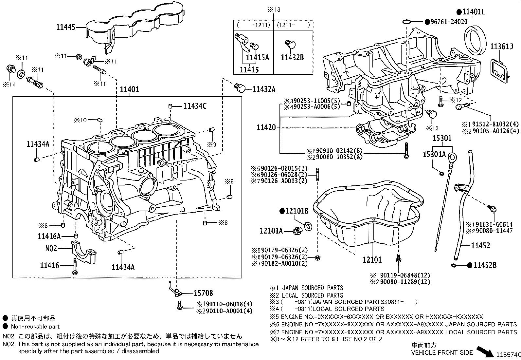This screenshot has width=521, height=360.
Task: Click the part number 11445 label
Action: pyautogui.click(x=65, y=27)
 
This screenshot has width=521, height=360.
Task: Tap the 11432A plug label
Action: pyautogui.click(x=264, y=89)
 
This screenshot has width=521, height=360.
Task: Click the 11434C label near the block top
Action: pyautogui.click(x=195, y=106)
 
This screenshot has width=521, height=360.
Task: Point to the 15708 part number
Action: pyautogui.click(x=203, y=293)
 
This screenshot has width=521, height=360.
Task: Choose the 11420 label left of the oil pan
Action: pyautogui.click(x=266, y=127)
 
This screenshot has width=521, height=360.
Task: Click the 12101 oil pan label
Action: pyautogui.click(x=372, y=260)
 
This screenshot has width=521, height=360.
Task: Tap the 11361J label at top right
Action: pyautogui.click(x=501, y=47)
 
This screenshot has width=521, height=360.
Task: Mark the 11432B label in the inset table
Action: pyautogui.click(x=292, y=58)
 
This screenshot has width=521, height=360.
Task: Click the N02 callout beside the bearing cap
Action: pyautogui.click(x=51, y=249)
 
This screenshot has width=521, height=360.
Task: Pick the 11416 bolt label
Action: pyautogui.click(x=50, y=265)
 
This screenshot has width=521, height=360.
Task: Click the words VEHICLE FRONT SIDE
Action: pyautogui.click(x=442, y=352)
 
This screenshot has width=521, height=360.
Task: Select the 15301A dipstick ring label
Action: pyautogui.click(x=434, y=154)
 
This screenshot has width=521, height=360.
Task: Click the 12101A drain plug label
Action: pyautogui.click(x=271, y=231)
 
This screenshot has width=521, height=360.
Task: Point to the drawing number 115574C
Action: pyautogui.click(x=508, y=355)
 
